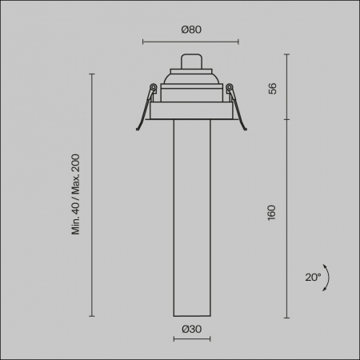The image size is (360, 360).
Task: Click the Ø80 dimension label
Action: pos(191,30)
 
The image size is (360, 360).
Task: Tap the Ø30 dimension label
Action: pos(191,329)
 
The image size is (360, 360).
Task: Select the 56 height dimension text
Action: pos(272,89)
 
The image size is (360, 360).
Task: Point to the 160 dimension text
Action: pos(271,213)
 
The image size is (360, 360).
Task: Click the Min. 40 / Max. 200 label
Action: pos(76,194)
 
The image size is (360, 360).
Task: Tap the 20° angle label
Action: pos(313,278)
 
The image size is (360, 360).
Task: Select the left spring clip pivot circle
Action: pos(153,87)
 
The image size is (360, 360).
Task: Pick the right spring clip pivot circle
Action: pos(230,87)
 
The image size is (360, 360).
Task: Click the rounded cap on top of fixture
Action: pos(191,62)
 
